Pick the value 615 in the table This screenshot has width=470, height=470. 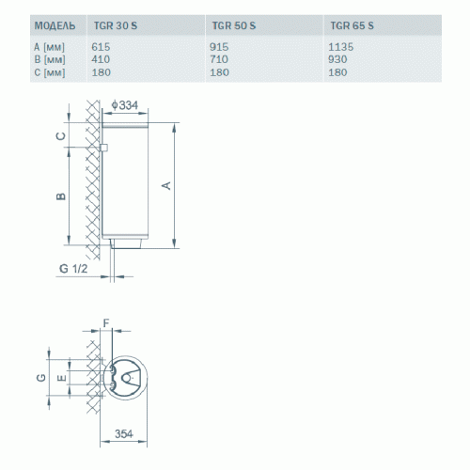[102, 45]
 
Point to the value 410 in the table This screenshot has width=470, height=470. [102, 58]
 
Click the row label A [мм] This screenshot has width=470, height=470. [48, 45]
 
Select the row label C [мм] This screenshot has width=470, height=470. [48, 71]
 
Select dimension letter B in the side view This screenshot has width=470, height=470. [60, 196]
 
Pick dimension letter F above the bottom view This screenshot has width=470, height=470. [105, 322]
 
